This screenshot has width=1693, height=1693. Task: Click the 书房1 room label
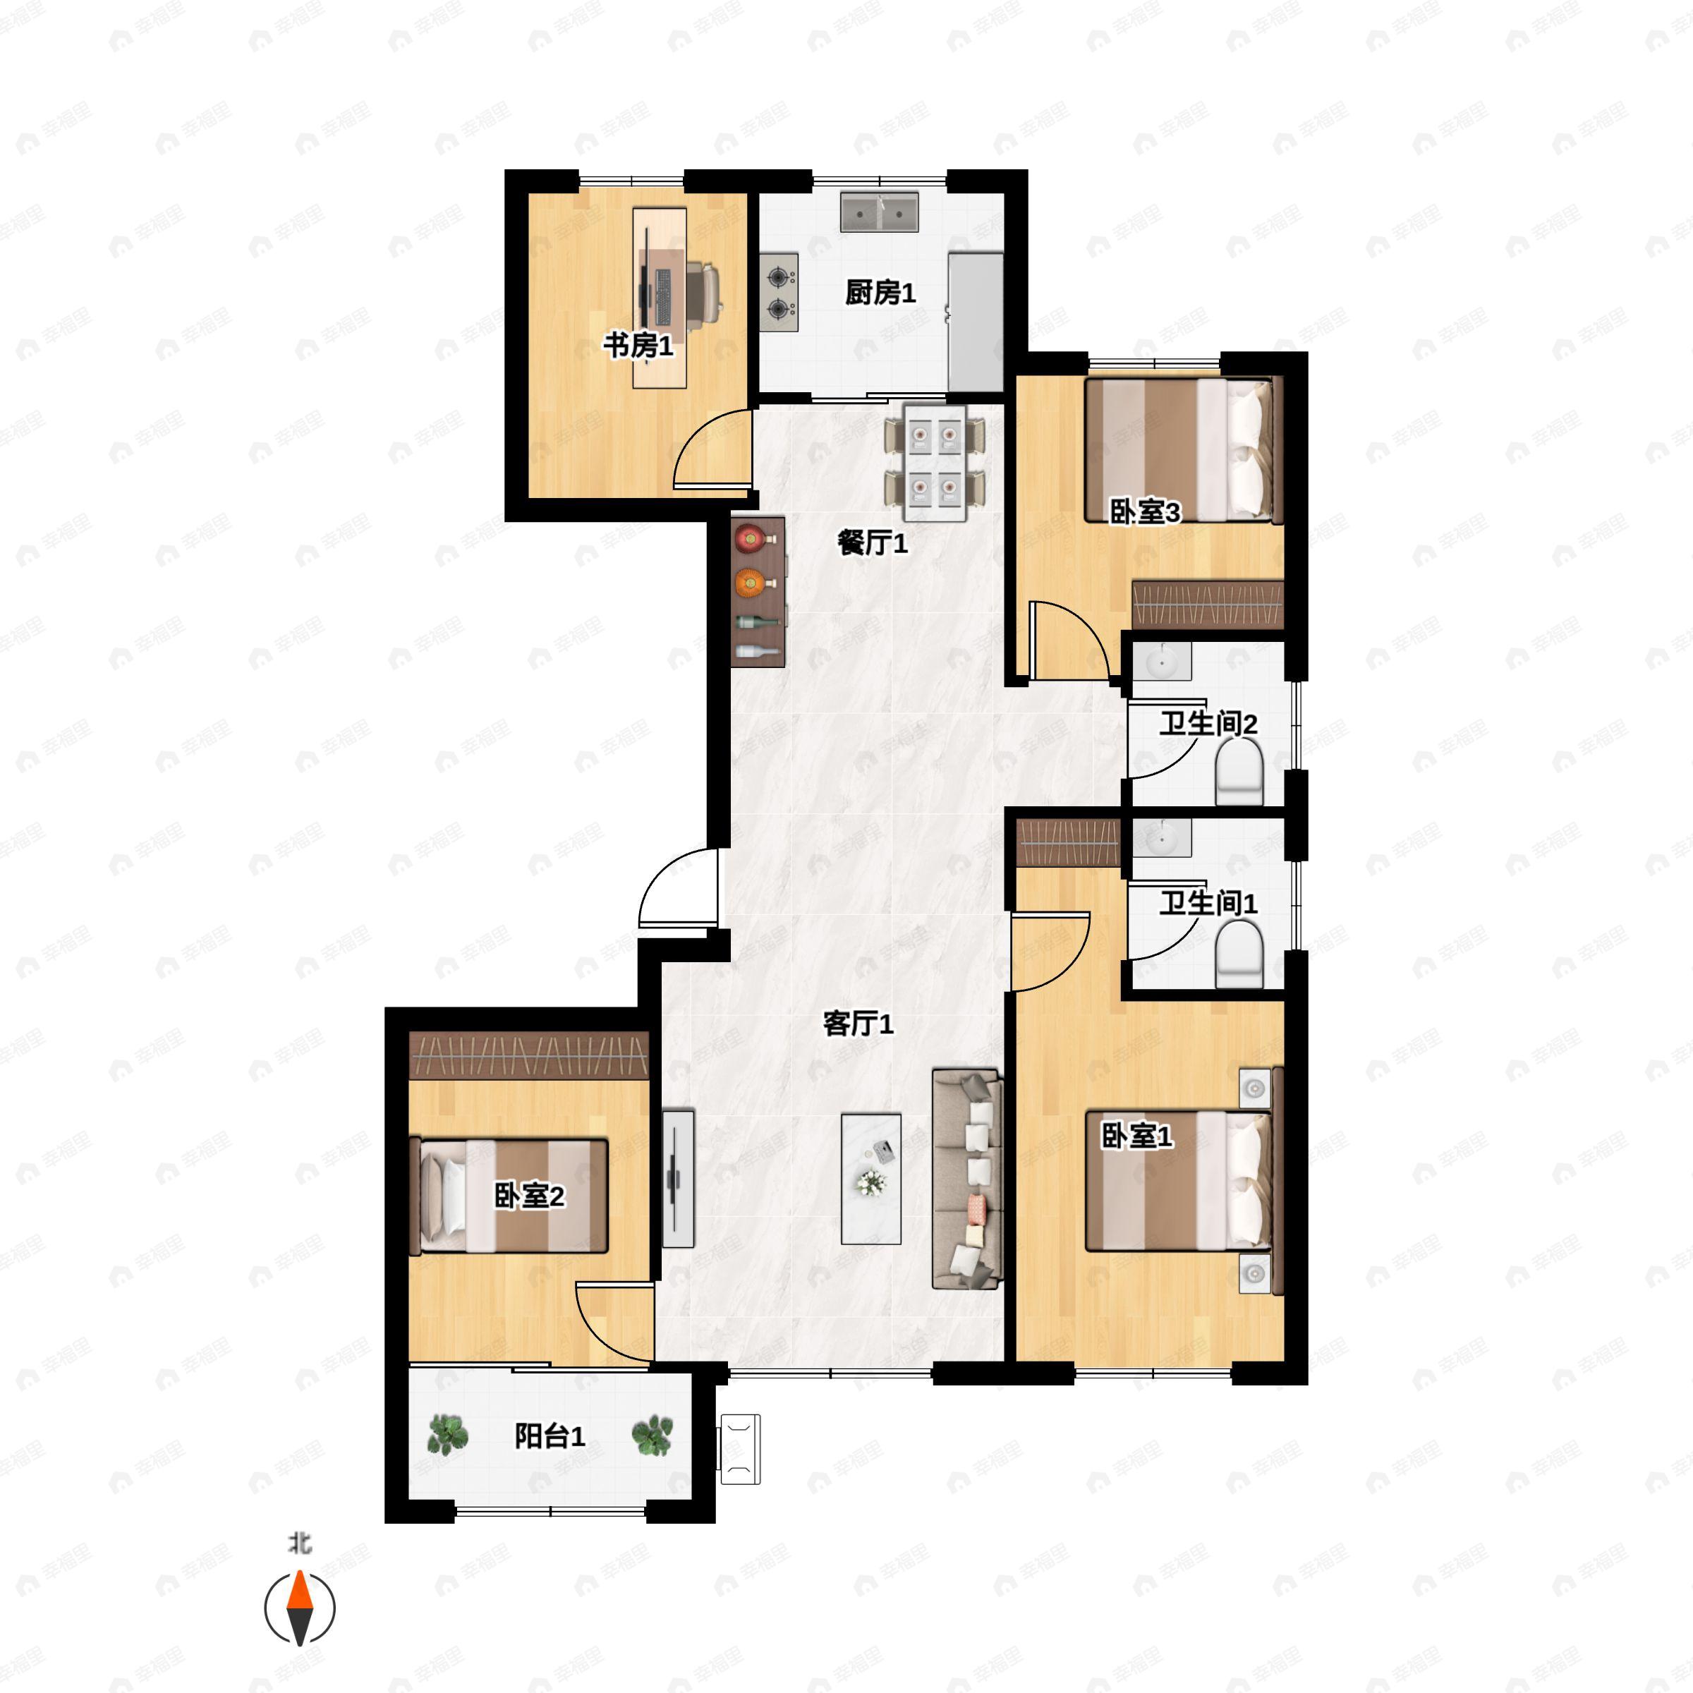point(638,345)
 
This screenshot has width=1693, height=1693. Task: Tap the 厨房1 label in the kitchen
point(880,293)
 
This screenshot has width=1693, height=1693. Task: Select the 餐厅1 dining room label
point(872,543)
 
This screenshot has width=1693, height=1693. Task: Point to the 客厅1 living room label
point(858,1024)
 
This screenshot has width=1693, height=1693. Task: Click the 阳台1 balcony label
point(550,1436)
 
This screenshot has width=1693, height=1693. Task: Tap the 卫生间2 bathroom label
point(1208,724)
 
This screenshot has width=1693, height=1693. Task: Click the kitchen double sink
point(879,212)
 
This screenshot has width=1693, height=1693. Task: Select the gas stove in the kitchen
point(778,293)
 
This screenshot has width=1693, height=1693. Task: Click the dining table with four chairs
point(934,462)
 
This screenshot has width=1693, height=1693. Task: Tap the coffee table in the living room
point(870,1178)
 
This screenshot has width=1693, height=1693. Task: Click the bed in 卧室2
point(509,1195)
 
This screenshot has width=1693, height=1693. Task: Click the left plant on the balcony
point(448,1435)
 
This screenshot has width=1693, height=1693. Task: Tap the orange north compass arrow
point(300,1591)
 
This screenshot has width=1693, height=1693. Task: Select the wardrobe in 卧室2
point(528,1054)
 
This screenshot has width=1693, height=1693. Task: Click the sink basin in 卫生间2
point(1161,662)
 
